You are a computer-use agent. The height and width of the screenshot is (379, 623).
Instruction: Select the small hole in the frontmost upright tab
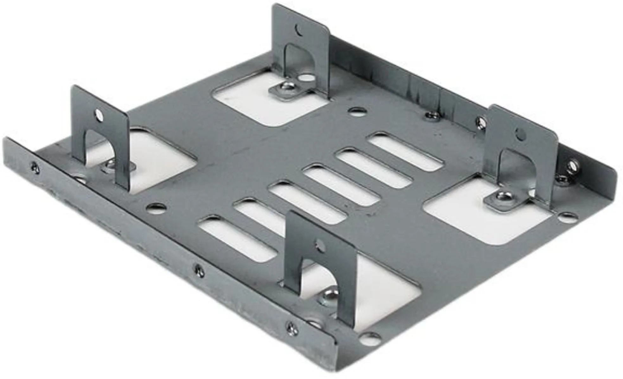[x=320, y=245]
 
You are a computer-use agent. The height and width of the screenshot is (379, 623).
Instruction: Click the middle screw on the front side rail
[x=199, y=270]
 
